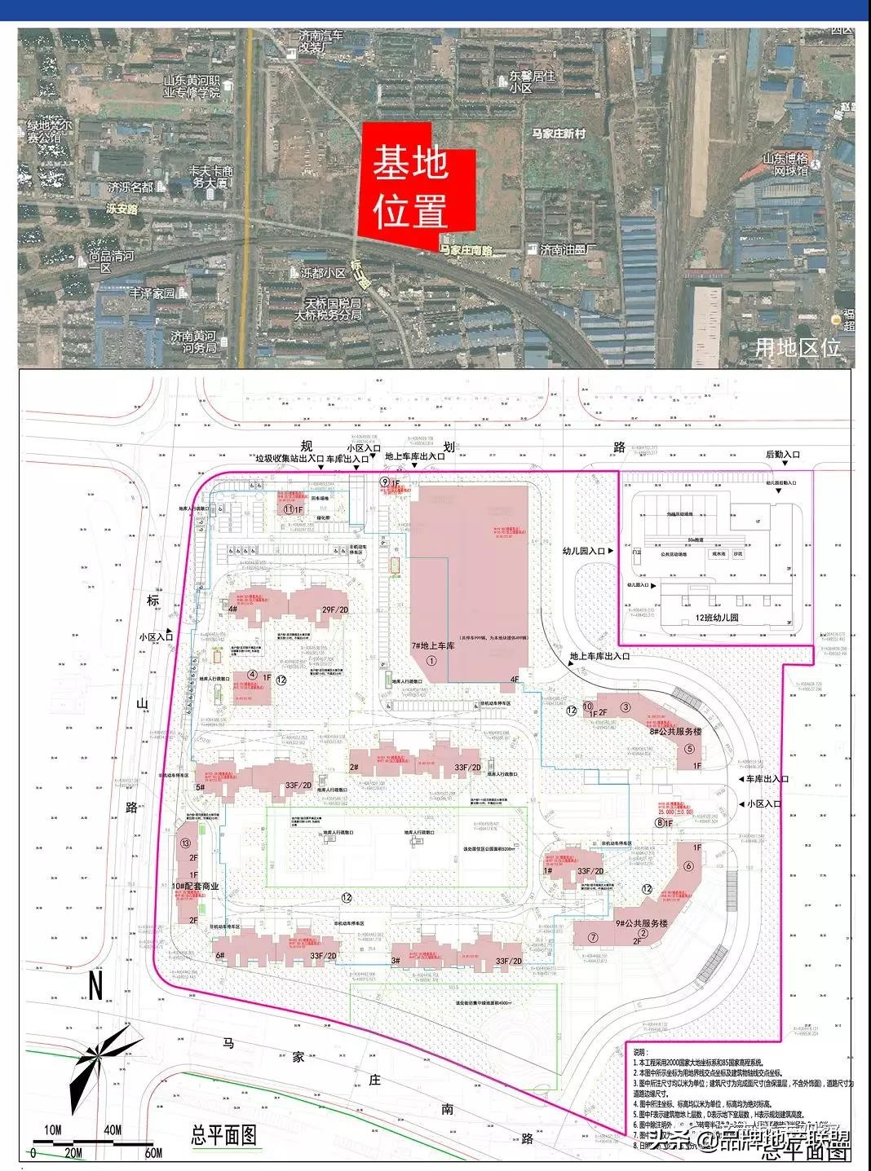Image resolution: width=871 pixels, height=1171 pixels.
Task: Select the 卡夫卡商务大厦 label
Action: [211, 177]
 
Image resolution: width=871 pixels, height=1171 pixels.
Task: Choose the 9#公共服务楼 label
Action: [642, 923]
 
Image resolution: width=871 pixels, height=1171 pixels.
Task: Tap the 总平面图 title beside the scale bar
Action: [223, 1135]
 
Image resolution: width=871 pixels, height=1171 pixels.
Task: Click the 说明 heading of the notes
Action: [643, 1052]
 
